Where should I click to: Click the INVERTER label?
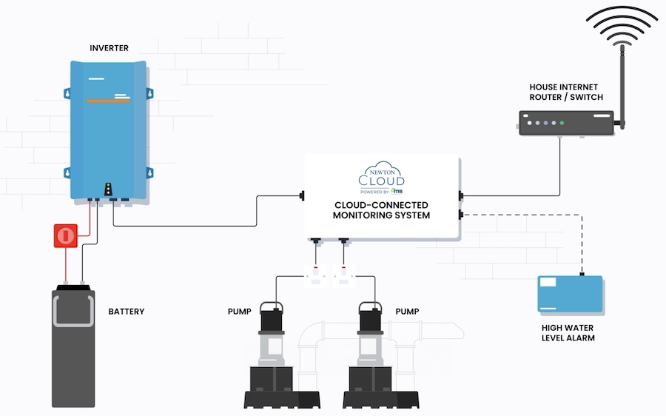109,48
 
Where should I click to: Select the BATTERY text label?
126,312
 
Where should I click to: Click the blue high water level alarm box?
569,294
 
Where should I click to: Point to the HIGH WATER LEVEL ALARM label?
568,332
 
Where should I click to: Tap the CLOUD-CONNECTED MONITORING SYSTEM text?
382,210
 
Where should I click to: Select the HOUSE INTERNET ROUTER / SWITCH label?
566,92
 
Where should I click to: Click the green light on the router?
562,122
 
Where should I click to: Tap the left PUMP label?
239,312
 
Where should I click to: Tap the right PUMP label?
407,312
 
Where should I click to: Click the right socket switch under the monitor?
345,276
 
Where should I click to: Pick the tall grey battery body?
73,348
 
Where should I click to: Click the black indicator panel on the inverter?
109,188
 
